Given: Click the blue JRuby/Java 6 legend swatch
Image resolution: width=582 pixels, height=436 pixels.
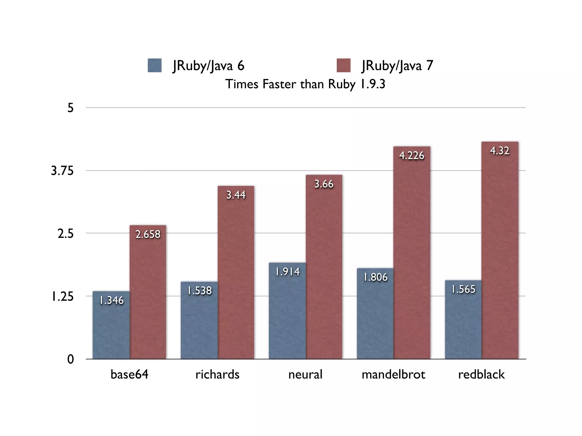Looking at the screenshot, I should point(155,66).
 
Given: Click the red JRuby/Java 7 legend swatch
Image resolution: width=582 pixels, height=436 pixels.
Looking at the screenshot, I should point(344,66).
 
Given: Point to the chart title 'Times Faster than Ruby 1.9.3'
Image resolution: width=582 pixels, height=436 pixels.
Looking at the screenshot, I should point(305,84).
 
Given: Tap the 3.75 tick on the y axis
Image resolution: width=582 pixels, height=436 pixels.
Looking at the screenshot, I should point(62,171).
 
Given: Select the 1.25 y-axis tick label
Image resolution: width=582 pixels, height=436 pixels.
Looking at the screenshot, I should point(62,297).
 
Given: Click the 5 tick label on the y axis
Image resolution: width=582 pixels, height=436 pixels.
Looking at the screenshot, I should point(70,108).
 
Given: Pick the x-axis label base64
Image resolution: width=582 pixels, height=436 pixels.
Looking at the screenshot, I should point(129,374).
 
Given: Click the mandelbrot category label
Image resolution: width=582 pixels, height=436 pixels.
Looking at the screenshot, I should point(393,374).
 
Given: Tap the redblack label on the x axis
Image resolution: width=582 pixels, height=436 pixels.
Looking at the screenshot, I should point(481,374).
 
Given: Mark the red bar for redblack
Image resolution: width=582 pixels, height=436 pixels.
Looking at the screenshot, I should point(500,255).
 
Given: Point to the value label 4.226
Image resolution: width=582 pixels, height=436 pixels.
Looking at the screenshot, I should point(411,156).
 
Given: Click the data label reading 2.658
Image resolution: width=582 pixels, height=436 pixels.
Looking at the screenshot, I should point(148,234).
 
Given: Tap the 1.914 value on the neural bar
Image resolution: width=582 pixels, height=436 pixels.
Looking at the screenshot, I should point(287,272).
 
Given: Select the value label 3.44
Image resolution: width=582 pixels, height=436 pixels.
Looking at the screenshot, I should point(236,195).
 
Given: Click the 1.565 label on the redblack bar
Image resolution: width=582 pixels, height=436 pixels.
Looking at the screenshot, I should point(463,289).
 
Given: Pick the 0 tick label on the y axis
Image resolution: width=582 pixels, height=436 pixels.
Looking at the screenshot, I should point(70,359).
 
